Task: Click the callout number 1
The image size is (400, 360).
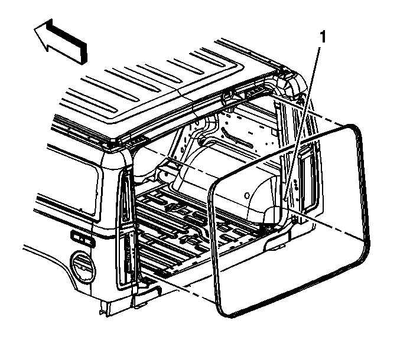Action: pyautogui.click(x=323, y=37)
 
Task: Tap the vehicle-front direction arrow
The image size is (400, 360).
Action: pyautogui.click(x=61, y=41)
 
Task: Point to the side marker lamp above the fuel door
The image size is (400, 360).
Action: pyautogui.click(x=82, y=238)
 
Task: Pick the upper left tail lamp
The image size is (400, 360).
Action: pyautogui.click(x=125, y=196)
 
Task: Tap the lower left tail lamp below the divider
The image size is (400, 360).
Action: pyautogui.click(x=128, y=257)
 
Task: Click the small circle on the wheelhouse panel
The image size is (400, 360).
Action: pyautogui.click(x=247, y=195)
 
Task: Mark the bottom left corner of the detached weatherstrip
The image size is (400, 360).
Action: pyautogui.click(x=225, y=313)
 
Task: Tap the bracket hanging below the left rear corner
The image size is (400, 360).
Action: pyautogui.click(x=106, y=308)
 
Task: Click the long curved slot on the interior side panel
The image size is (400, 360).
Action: pyautogui.click(x=238, y=138)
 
